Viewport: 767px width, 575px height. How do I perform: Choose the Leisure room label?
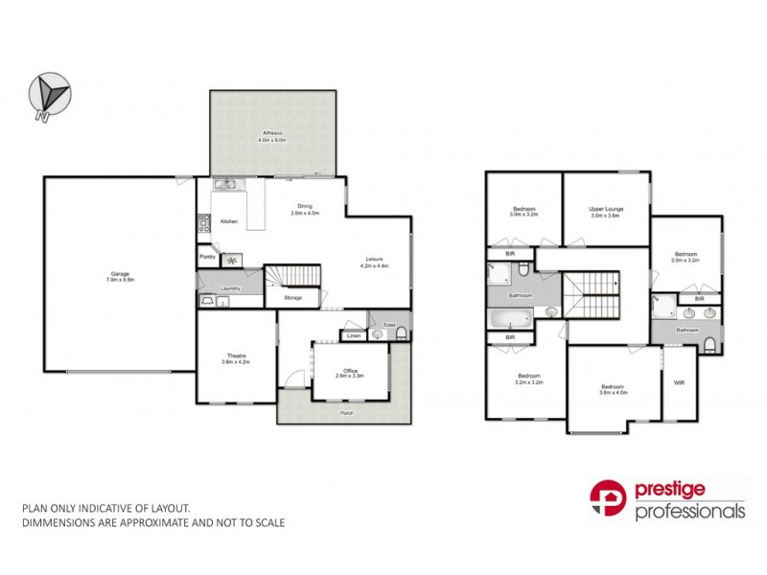tap(373, 260)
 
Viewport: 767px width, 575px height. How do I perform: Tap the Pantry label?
tap(207, 257)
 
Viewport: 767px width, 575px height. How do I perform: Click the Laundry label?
tap(229, 287)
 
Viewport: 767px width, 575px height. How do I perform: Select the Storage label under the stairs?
tap(293, 298)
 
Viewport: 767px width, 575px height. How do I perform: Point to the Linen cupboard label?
tap(354, 335)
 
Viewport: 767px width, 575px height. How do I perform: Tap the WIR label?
tap(679, 383)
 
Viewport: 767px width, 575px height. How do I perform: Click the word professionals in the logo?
tap(690, 511)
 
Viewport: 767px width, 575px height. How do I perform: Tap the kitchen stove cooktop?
tap(204, 224)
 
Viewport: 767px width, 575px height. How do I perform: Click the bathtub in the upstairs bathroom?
tap(510, 318)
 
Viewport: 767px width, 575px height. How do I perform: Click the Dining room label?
tap(305, 207)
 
